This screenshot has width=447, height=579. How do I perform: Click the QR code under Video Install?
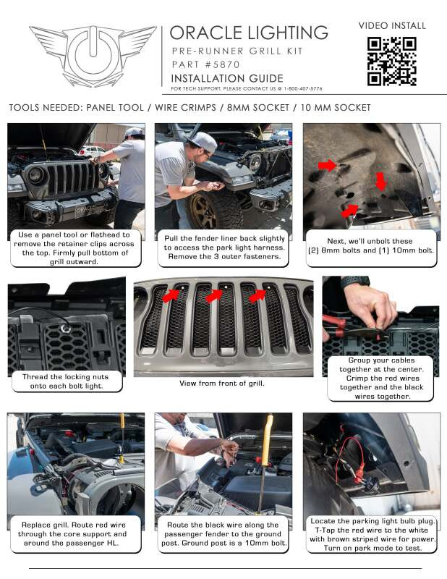[x=391, y=61]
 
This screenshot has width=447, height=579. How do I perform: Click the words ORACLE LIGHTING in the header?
[x=249, y=33]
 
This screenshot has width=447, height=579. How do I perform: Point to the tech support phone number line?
[x=246, y=88]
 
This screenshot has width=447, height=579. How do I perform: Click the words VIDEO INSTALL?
[x=392, y=25]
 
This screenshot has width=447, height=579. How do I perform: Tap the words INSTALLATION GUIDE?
[x=226, y=77]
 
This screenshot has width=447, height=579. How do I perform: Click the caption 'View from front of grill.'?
[x=222, y=383]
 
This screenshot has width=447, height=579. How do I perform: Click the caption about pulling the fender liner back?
[x=223, y=247]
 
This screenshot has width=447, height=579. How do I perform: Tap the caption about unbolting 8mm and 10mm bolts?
[x=371, y=247]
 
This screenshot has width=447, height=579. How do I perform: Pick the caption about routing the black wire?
[x=223, y=534]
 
